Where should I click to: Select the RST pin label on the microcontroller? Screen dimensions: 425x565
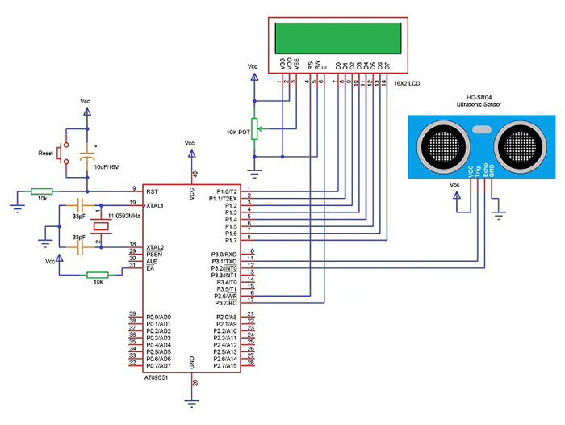pyautogui.click(x=152, y=191)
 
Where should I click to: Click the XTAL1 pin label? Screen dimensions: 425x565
pyautogui.click(x=156, y=205)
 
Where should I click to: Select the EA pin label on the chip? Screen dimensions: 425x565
pyautogui.click(x=150, y=267)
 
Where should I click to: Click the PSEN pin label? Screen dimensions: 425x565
pyautogui.click(x=154, y=254)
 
